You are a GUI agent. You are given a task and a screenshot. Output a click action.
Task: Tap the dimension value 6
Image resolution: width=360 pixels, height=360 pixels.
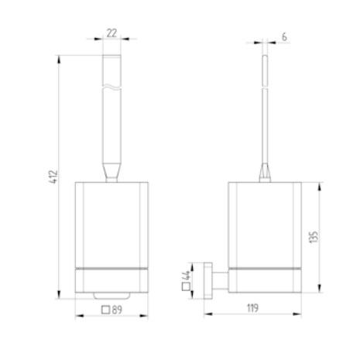coord(285,37)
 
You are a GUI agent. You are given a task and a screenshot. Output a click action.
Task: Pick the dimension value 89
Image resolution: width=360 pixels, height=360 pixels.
coord(118,308)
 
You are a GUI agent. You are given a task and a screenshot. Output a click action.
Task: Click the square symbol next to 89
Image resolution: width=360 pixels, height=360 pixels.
coord(105,308)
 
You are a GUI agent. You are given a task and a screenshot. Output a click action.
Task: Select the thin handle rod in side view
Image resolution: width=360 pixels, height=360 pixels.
coord(266,108)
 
